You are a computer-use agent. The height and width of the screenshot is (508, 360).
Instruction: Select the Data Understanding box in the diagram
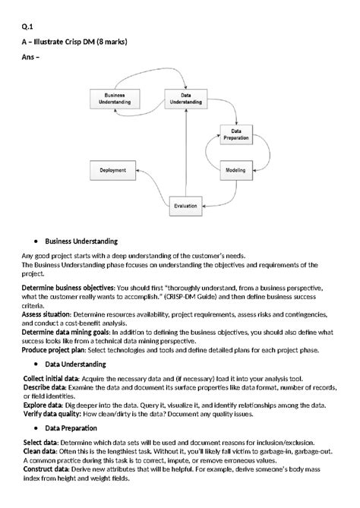point(185,98)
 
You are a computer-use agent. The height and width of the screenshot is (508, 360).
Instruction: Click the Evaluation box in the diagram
point(185,205)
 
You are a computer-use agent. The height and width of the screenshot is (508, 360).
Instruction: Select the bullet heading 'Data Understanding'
point(78,365)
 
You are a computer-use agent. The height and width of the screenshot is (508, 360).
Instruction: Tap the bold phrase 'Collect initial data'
point(53,377)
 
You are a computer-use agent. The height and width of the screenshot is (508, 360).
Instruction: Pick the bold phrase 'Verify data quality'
point(53,413)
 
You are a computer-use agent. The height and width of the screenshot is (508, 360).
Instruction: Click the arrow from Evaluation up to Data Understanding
point(185,152)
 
